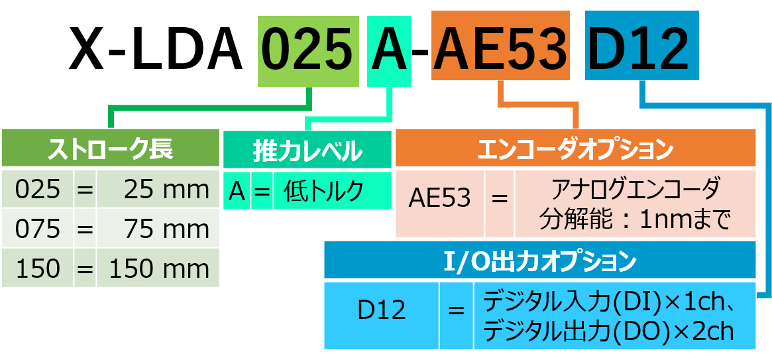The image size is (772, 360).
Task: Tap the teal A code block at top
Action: coord(390,50)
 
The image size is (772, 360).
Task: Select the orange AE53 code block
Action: coord(502,50)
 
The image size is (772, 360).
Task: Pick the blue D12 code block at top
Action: coord(641,50)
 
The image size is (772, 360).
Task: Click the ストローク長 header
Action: coord(110,149)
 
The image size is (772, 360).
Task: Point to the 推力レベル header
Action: coord(307,151)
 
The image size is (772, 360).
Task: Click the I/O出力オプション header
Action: coord(539,261)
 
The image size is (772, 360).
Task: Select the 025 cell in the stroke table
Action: coord(38,190)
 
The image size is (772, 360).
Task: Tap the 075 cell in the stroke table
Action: coord(38,229)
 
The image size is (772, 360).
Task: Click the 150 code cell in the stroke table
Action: coord(38,269)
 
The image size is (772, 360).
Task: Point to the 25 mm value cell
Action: coord(158,190)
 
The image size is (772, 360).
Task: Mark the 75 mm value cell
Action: coord(158,229)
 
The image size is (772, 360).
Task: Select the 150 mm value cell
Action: coord(158,269)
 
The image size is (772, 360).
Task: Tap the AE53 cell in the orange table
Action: coord(440,198)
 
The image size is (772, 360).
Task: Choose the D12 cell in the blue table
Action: coord(382,310)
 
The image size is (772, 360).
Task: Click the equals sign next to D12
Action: coord(456,310)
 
